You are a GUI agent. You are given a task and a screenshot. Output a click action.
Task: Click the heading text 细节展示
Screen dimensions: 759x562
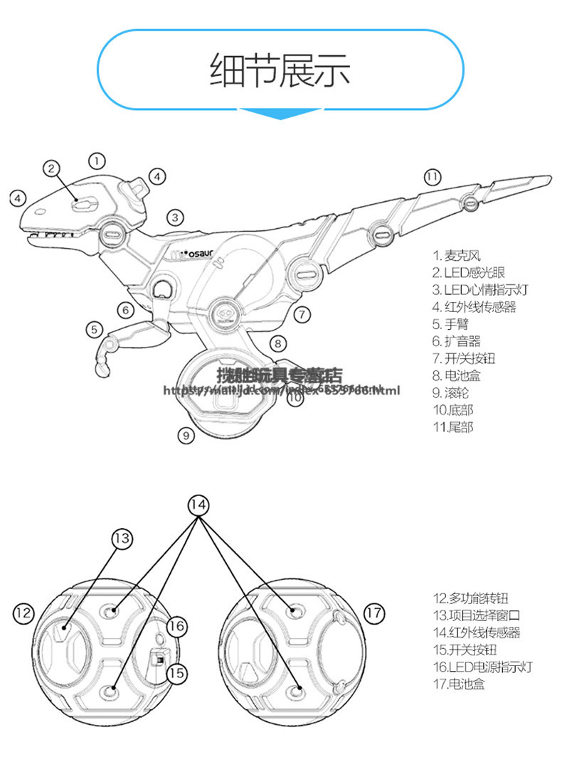pos(280,70)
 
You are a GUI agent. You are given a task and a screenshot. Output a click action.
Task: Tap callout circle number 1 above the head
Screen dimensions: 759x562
pos(97,160)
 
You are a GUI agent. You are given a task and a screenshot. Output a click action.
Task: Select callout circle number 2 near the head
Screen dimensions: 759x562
pos(51,168)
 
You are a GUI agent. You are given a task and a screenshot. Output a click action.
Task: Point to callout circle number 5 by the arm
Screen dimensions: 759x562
pos(94,329)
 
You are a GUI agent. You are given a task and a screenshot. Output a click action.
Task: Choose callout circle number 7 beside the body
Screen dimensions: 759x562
pos(302,313)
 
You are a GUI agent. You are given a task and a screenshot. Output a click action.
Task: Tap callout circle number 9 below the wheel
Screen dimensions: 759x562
pos(186,434)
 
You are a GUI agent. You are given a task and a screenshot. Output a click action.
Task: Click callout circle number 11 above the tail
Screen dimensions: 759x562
pos(433,176)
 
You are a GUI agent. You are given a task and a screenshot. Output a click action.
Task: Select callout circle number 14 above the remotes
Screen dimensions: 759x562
pos(199,505)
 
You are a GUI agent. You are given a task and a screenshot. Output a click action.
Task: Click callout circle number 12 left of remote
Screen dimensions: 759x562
pos(23,612)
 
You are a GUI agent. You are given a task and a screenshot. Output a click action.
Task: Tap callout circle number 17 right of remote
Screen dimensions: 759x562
pos(373,612)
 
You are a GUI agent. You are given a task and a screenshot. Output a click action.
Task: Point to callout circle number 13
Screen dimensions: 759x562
pos(122,538)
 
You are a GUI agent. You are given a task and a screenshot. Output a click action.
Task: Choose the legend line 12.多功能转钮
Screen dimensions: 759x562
pos(471,598)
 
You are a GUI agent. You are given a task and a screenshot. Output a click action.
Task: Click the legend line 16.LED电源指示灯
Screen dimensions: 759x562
pos(482,667)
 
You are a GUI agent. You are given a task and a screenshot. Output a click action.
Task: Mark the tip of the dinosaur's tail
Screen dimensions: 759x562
pos(548,177)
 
